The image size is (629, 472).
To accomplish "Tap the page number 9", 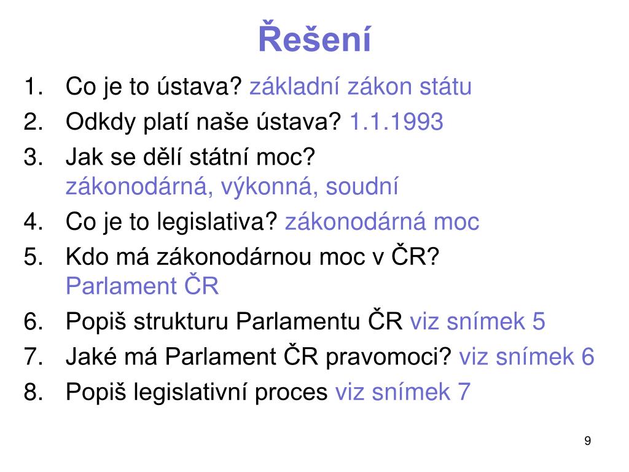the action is tap(588, 441).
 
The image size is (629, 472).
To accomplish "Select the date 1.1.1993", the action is tap(396, 121).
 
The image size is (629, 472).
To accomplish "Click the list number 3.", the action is tap(33, 157).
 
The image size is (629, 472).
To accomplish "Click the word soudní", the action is tap(362, 186).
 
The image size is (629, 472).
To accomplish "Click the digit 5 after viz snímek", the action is tap(538, 321).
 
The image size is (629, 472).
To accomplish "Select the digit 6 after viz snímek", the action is tap(588, 356).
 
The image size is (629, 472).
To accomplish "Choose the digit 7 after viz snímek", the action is tap(463, 391).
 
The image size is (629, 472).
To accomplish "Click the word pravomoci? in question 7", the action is tap(389, 357).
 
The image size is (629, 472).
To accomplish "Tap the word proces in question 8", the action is tap(291, 393).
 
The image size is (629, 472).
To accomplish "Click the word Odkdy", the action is tap(101, 122).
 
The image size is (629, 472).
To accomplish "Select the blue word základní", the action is tap(295, 86).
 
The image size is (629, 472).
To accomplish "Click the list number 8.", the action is tap(33, 391).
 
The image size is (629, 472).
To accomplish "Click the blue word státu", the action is tap(445, 86).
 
